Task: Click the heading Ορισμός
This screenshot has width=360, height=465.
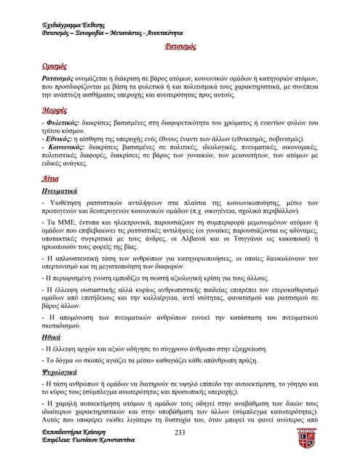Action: (x=54, y=65)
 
